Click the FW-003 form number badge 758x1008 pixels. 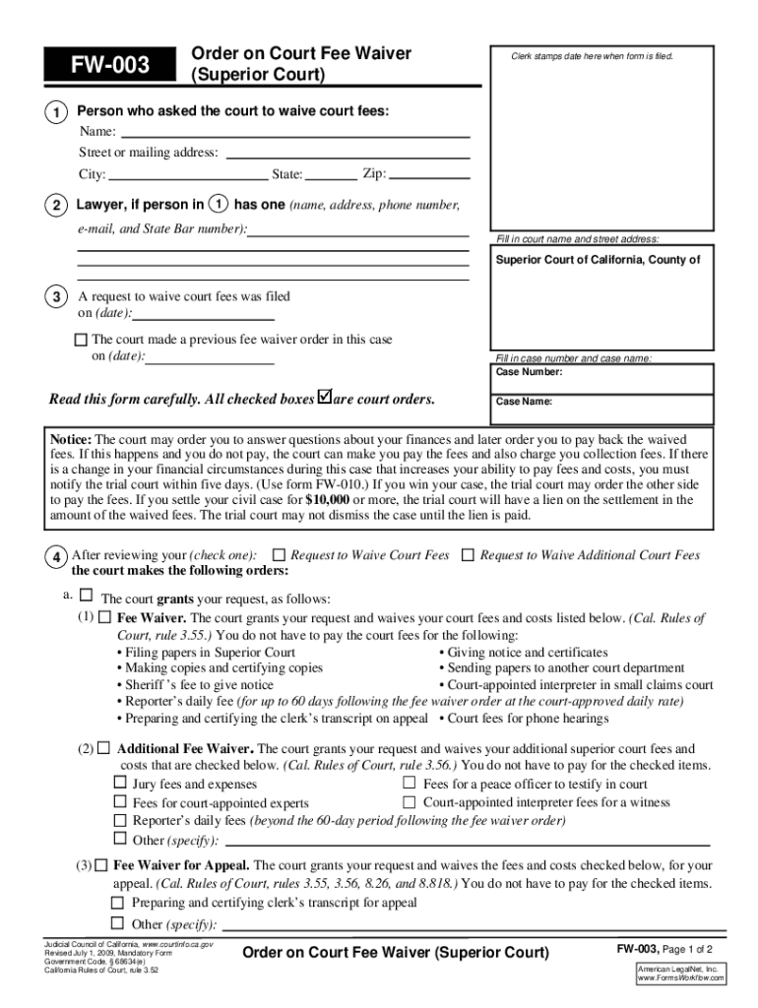[x=108, y=66]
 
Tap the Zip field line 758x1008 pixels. [x=429, y=175]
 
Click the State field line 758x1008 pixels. [x=331, y=176]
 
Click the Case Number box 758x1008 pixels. [x=601, y=378]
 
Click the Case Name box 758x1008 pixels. [x=601, y=407]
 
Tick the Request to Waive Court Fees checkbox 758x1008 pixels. [x=279, y=555]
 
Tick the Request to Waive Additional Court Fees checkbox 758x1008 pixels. [x=468, y=555]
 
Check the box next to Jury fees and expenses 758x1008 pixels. [x=120, y=784]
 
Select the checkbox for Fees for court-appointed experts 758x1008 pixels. [x=120, y=802]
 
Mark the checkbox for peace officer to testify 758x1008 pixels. [x=410, y=784]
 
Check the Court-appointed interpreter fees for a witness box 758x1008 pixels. [x=410, y=802]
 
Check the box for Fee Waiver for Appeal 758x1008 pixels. [x=101, y=865]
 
